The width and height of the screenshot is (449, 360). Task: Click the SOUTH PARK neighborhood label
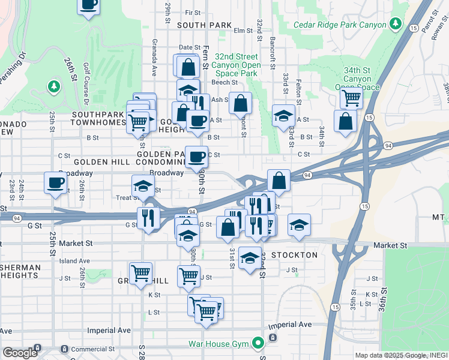[x=204, y=25]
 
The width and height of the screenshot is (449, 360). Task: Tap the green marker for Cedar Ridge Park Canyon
[x=395, y=24]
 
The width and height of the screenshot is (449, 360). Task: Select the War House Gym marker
[x=258, y=343]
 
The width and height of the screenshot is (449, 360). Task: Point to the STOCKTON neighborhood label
[x=294, y=255]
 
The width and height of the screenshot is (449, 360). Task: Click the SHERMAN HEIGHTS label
[x=20, y=272]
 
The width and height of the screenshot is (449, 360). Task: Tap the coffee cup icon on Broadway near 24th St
[x=56, y=182]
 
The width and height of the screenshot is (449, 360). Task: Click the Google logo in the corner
[x=20, y=353]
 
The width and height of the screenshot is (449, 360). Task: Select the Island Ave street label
[x=74, y=261]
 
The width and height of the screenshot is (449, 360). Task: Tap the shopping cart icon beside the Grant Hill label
[x=140, y=273]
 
